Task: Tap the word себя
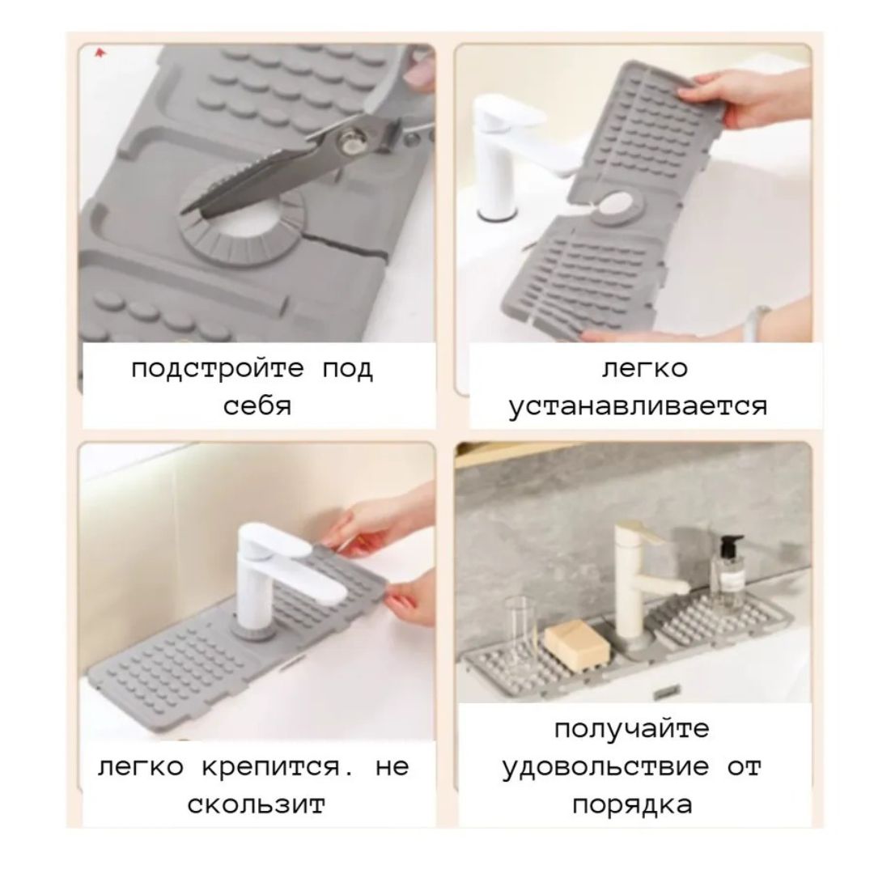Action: [257, 406]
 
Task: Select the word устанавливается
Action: [638, 406]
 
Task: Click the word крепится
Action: [277, 768]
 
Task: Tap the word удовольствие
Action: [605, 768]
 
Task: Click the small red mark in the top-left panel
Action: [100, 53]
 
